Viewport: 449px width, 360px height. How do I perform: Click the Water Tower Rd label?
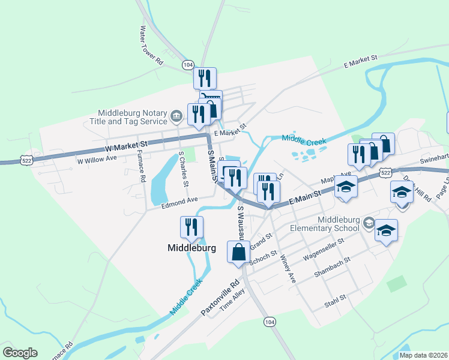[151, 45]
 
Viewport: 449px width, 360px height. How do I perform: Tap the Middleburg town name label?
[191, 247]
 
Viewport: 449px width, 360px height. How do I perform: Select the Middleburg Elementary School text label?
[324, 223]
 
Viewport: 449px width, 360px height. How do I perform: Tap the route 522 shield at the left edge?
[26, 161]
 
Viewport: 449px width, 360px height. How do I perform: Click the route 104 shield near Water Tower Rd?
[188, 64]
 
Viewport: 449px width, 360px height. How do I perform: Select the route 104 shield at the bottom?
[270, 322]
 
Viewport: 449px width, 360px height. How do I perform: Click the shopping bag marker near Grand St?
[238, 252]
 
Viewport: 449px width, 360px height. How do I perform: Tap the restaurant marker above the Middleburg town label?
[191, 227]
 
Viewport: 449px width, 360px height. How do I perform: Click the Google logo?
[20, 353]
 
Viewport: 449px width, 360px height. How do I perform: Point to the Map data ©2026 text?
[424, 355]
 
